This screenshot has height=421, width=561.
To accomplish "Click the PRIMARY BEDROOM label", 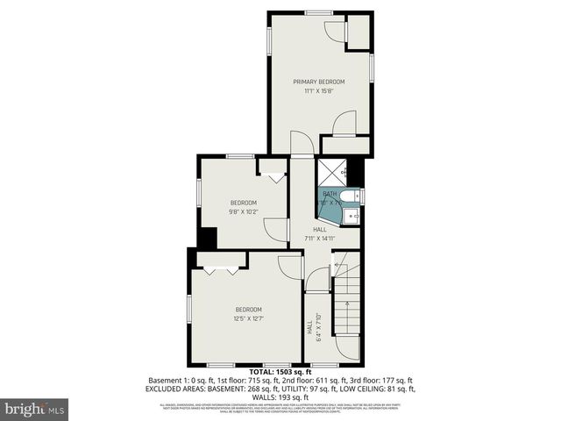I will click(318, 82).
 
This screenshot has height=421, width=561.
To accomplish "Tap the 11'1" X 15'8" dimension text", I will click(318, 90).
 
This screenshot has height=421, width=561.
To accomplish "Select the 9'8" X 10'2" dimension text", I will click(243, 211).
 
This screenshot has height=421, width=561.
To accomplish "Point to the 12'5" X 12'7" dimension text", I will click(248, 318).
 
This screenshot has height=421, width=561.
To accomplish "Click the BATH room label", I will click(330, 194).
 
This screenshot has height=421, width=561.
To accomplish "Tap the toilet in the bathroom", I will click(349, 196).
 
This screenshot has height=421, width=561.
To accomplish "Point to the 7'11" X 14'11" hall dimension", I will click(320, 238).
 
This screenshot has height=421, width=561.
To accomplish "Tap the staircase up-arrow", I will click(348, 314).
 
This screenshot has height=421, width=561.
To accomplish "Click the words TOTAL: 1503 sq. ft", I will click(280, 373).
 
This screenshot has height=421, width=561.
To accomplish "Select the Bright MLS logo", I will click(35, 409).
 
